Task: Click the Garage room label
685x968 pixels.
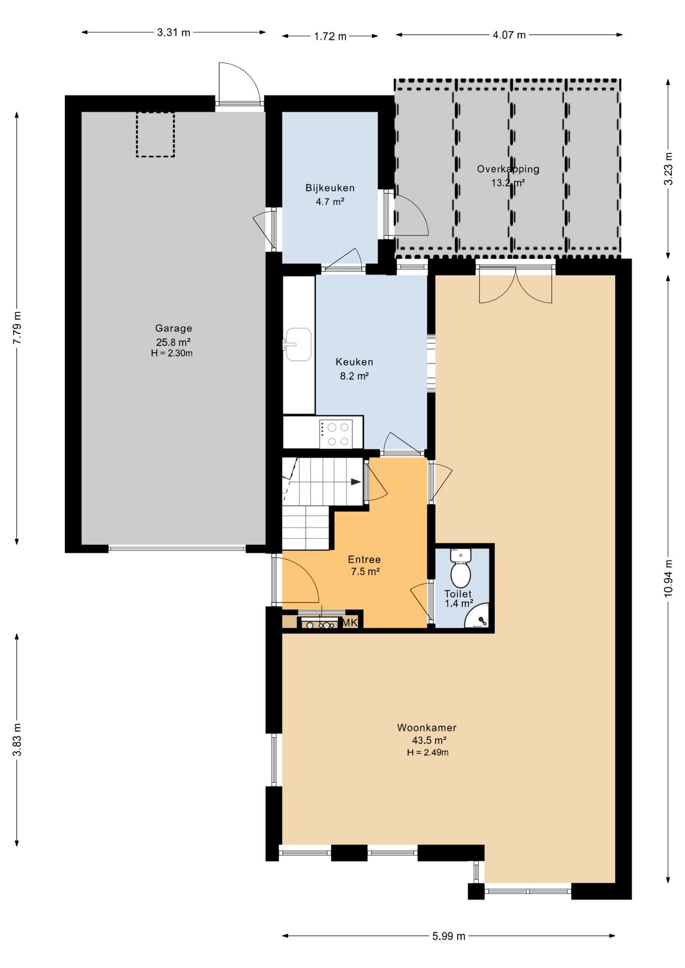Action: point(174,328)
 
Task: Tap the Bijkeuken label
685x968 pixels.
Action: point(330,188)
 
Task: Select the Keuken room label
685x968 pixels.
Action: point(354,362)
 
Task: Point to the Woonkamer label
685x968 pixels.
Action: point(427,728)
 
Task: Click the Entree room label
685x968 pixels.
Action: point(364,559)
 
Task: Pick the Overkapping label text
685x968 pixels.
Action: point(508,169)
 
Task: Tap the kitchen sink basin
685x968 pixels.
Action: point(299,344)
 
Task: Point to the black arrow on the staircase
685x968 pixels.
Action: point(356,482)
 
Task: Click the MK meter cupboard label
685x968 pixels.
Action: point(350,623)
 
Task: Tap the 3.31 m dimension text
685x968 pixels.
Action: point(174,33)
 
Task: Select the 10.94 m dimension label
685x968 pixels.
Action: point(668,578)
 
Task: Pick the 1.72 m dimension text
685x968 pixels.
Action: point(330,36)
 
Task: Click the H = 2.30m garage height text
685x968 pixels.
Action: point(172,353)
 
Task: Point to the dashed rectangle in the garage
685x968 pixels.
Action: point(155,135)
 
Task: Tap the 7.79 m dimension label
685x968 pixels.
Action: point(17,328)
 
